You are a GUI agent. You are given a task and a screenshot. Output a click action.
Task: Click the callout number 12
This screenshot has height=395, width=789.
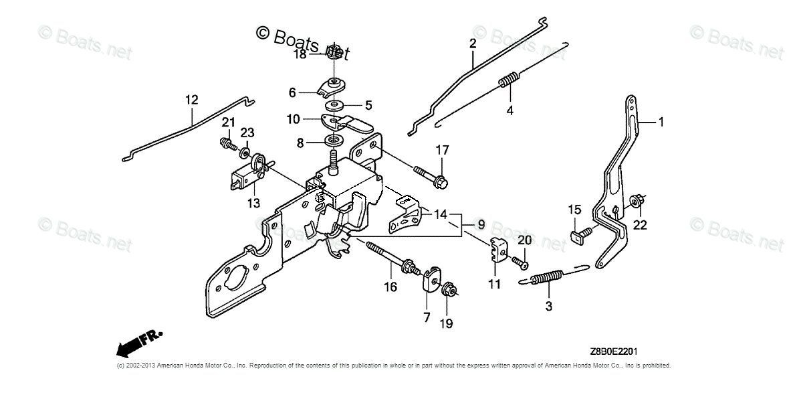pos(192,100)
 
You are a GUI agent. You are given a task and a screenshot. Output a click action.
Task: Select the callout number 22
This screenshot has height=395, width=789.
pos(640,225)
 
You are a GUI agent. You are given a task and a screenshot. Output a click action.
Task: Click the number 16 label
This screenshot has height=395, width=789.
pos(390,287)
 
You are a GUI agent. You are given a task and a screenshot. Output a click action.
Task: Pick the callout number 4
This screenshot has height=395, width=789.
pos(510,110)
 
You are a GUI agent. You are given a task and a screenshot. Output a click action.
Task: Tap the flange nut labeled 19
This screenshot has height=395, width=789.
pos(449,290)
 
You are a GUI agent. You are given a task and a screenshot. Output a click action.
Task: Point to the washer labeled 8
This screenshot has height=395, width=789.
pos(333,141)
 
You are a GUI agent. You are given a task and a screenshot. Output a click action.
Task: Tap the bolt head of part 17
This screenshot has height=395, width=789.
pos(441,181)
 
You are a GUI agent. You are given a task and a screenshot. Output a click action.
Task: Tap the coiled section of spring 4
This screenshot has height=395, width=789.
pos(510,81)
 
